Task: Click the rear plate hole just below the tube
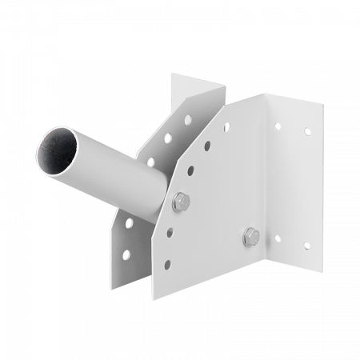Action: coord(129,222)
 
